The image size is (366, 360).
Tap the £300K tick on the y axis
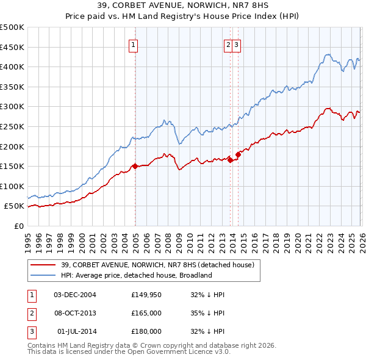click(12, 107)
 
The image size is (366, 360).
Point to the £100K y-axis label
click(12, 186)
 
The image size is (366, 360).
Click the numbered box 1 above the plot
click(132, 44)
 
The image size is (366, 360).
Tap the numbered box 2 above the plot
click(228, 44)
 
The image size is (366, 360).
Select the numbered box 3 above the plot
click(236, 44)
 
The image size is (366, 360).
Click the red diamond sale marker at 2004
click(134, 166)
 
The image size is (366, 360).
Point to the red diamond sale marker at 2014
click(239, 154)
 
